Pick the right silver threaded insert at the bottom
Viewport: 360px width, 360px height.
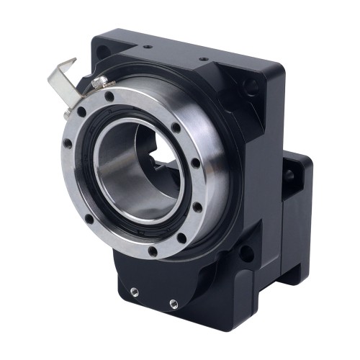pos(173,301)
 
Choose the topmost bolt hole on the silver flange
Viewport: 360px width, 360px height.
pos(109,94)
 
